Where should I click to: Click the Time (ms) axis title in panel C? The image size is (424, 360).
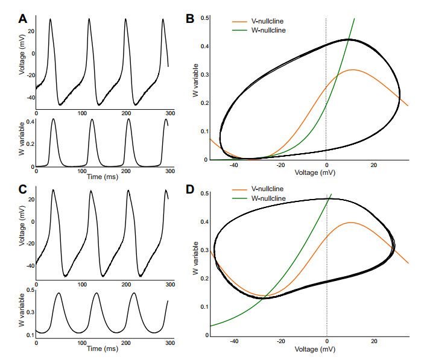[x=103, y=348]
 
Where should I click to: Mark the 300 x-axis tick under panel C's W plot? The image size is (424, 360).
[x=171, y=342]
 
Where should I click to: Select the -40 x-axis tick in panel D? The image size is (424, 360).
[x=234, y=341]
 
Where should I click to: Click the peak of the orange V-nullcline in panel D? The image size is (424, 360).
[x=351, y=223]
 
